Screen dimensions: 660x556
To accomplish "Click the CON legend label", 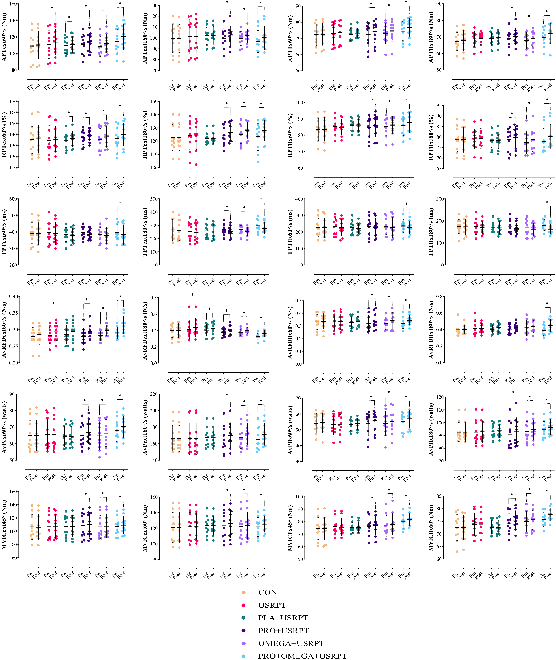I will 267,592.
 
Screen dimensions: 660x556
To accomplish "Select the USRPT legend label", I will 272,605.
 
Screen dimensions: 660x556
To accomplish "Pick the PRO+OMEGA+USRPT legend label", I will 302,656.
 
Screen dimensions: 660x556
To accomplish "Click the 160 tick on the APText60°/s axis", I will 14,4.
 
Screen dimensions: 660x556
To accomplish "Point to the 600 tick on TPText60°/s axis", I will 13,199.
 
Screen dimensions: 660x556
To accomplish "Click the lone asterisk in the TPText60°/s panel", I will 120,203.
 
